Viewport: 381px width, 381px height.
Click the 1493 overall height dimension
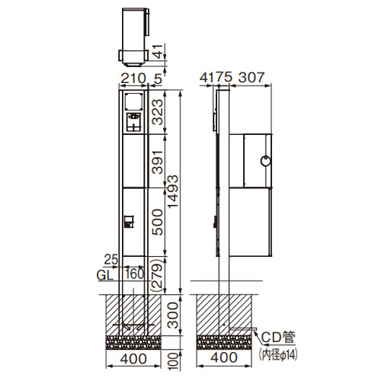(x=173, y=191)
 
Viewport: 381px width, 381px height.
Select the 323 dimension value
(x=157, y=112)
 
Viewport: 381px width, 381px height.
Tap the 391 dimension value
(x=157, y=162)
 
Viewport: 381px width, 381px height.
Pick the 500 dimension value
(x=157, y=222)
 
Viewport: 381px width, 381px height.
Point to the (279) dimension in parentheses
(x=157, y=274)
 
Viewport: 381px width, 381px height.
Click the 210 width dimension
(x=133, y=78)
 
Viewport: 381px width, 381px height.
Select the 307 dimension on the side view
(x=251, y=77)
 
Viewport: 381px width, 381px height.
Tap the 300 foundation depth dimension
(x=173, y=315)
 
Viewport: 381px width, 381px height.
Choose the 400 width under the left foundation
(x=133, y=359)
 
